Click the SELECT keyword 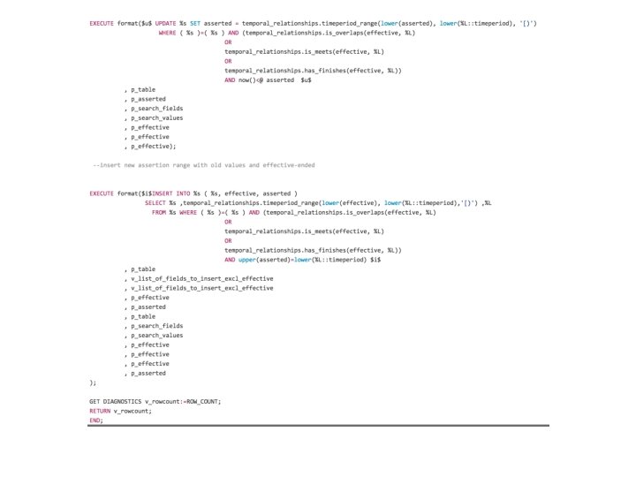click(x=155, y=203)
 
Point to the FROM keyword click(x=159, y=212)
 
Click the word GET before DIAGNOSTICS click(x=96, y=401)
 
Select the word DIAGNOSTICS click(x=123, y=401)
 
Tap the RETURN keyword click(x=100, y=411)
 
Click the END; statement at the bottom click(x=95, y=420)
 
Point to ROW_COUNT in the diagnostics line click(x=202, y=401)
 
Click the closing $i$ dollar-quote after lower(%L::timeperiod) click(x=375, y=260)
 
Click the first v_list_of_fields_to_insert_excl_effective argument click(x=201, y=278)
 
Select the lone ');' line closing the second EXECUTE click(x=93, y=382)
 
